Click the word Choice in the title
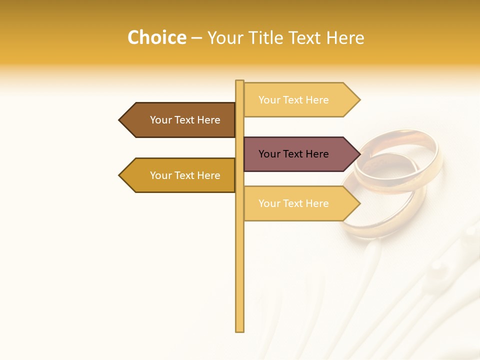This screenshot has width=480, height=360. pyautogui.click(x=156, y=37)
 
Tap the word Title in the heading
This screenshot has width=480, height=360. pyautogui.click(x=262, y=37)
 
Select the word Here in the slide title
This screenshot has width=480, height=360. pyautogui.click(x=345, y=37)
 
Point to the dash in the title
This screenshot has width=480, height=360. pyautogui.click(x=196, y=38)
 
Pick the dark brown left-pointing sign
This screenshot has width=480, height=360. pyautogui.click(x=180, y=120)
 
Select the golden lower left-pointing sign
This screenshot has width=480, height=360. pyautogui.click(x=180, y=175)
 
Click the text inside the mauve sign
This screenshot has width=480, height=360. pyautogui.click(x=293, y=154)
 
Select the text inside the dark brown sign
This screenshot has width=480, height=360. pyautogui.click(x=185, y=120)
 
